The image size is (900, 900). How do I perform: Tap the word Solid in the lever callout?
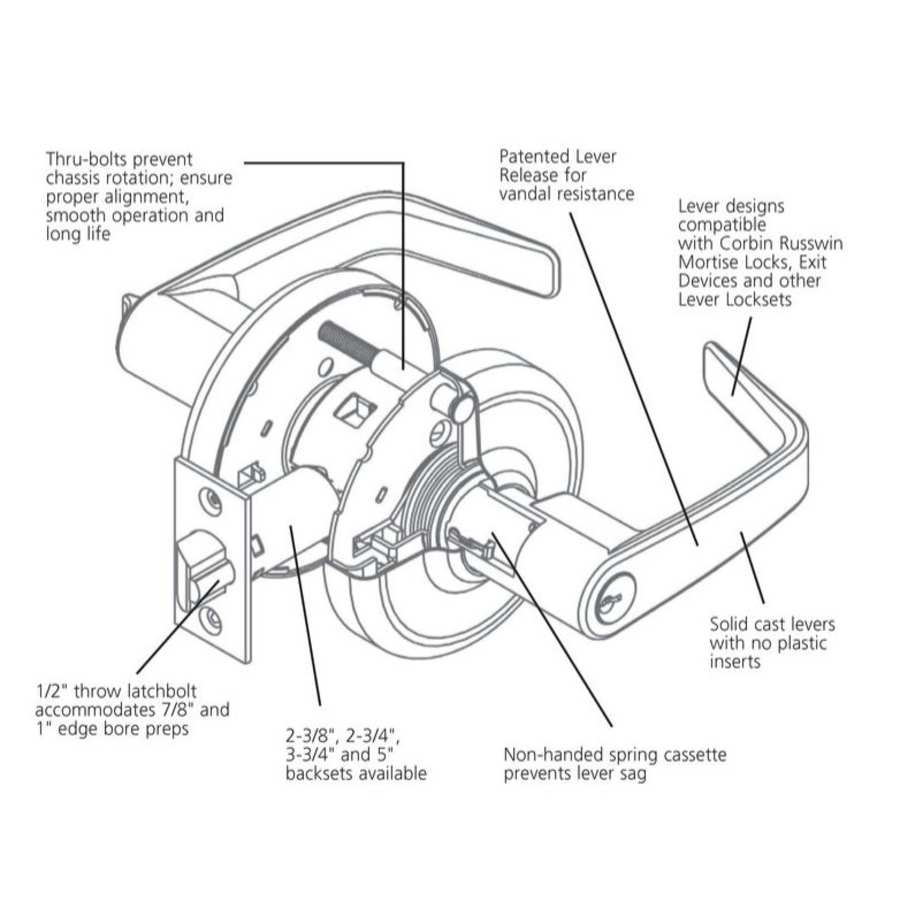(731, 625)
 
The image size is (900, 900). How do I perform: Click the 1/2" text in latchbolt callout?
(51, 692)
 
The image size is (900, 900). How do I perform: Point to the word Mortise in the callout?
(711, 262)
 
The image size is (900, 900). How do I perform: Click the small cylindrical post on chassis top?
(460, 406)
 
